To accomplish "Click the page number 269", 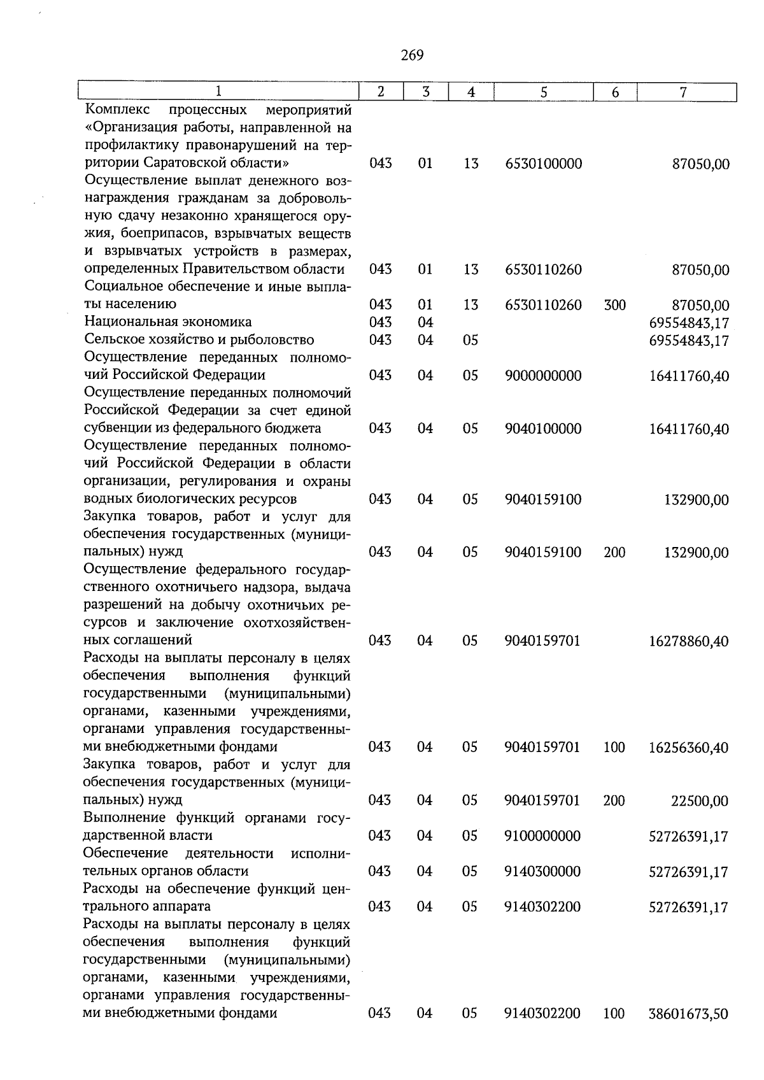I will (412, 56).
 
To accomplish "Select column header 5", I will (543, 92).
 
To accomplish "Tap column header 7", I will (683, 92).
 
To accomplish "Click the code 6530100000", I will (543, 164).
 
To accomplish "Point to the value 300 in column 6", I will (614, 306).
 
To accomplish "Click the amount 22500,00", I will (700, 801).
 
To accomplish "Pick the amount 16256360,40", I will (689, 748).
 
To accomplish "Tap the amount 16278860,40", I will (689, 641).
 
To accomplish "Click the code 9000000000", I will (543, 376).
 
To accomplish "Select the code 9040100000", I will (543, 429).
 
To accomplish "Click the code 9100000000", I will (542, 836).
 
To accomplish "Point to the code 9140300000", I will (542, 872).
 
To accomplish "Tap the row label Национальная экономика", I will (168, 322).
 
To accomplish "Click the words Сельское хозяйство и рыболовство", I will (199, 340).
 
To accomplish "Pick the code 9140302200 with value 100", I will (542, 1013).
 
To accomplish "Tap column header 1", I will (218, 92).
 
